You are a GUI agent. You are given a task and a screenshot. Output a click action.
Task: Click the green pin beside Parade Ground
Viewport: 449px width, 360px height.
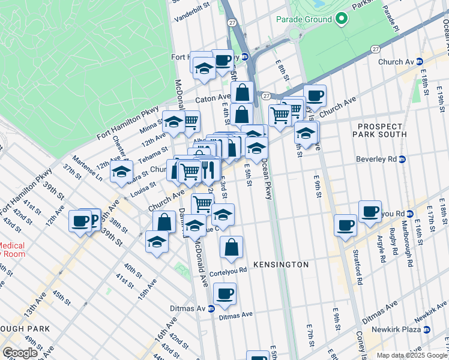click(x=342, y=19)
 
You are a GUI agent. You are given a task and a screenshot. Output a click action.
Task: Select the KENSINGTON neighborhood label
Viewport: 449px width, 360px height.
click(x=280, y=265)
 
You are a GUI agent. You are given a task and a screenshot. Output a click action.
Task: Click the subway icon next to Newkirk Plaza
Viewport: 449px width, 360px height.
click(x=427, y=330)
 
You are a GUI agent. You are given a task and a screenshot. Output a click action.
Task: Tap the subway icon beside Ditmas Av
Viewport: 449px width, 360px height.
click(x=211, y=309)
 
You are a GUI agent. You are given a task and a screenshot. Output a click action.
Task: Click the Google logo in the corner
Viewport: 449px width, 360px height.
click(x=20, y=353)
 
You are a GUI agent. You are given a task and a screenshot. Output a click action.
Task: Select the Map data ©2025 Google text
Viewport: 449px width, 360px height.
click(x=412, y=355)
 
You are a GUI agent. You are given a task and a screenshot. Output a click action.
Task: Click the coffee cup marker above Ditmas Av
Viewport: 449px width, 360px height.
click(x=225, y=293)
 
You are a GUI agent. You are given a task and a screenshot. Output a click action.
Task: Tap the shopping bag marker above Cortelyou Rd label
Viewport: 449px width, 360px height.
click(x=231, y=246)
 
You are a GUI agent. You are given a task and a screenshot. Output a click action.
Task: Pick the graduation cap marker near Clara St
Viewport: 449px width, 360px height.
click(x=121, y=172)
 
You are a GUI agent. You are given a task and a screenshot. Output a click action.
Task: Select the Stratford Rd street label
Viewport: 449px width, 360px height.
click(x=360, y=265)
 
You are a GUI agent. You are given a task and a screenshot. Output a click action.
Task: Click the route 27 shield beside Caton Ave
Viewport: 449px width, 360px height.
click(x=265, y=95)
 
